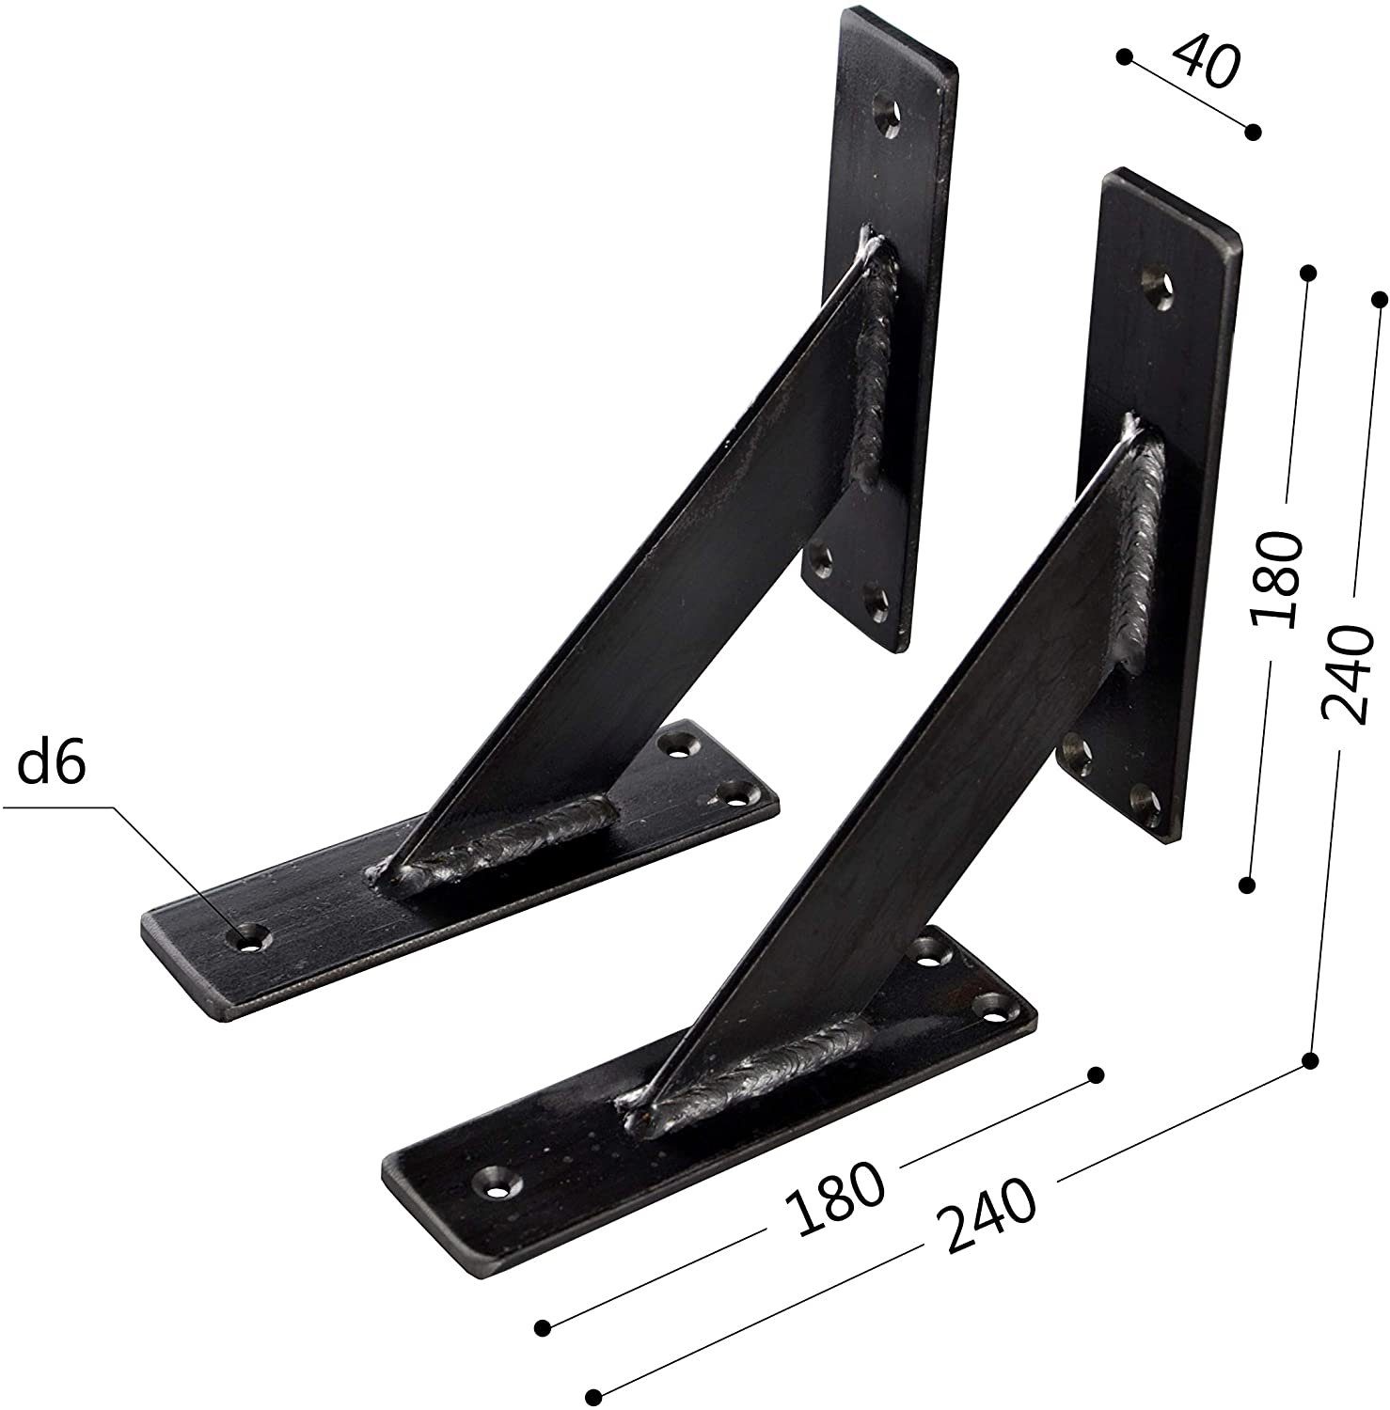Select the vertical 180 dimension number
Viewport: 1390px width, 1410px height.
[x=1275, y=577]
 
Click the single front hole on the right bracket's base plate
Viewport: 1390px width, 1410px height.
[x=496, y=1182]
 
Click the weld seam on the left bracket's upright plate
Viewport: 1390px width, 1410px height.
[x=877, y=367]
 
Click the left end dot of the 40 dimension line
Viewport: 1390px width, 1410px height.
[x=1124, y=56]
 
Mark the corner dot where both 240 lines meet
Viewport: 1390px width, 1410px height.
[x=1309, y=1061]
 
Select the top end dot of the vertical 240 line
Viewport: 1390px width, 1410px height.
[x=1379, y=299]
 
